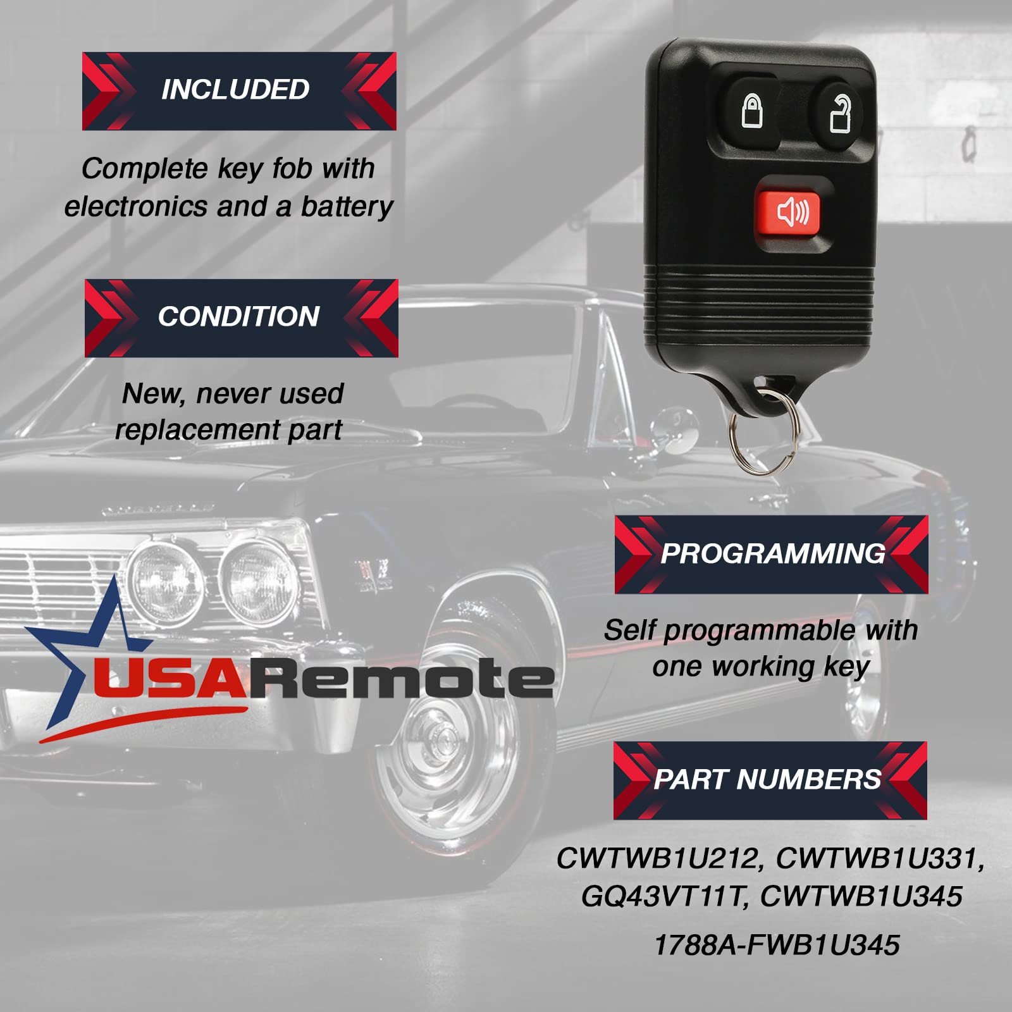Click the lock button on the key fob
pos(751,112)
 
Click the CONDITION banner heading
pos(239,317)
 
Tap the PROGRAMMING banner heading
pos(772,554)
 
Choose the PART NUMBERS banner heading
pos(768,780)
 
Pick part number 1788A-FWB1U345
pos(777,946)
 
